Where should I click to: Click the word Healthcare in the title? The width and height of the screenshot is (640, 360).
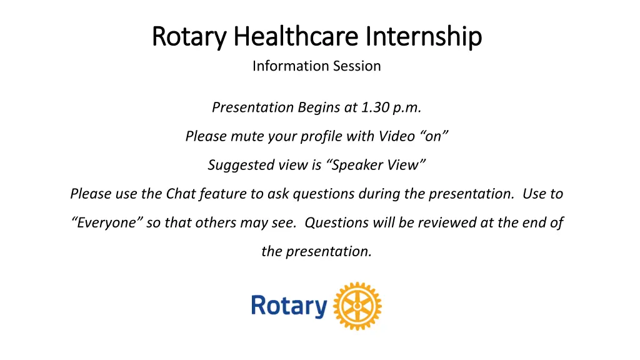pyautogui.click(x=296, y=36)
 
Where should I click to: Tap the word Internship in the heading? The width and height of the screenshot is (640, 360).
pyautogui.click(x=424, y=37)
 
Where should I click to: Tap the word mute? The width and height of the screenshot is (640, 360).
pyautogui.click(x=247, y=136)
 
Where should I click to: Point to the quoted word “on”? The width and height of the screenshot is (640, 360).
pyautogui.click(x=434, y=136)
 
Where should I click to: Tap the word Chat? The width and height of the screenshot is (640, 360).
pyautogui.click(x=181, y=194)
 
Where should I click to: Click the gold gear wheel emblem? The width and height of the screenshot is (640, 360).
pyautogui.click(x=357, y=306)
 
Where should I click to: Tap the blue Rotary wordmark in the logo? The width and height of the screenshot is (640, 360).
pyautogui.click(x=289, y=306)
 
